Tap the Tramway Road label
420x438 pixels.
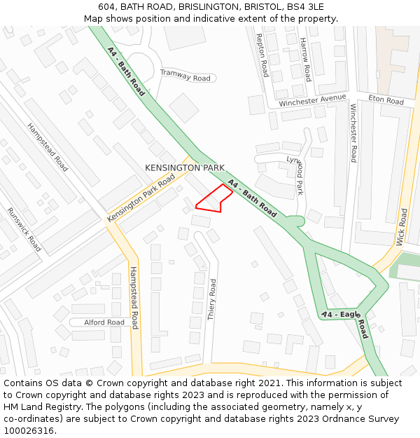pyautogui.click(x=185, y=75)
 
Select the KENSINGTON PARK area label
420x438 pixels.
pyautogui.click(x=185, y=168)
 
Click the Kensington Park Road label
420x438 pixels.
pyautogui.click(x=141, y=199)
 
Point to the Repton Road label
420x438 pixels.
pyautogui.click(x=262, y=55)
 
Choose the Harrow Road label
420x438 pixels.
pyautogui.click(x=305, y=60)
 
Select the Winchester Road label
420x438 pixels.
pyautogui.click(x=353, y=133)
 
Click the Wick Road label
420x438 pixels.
pyautogui.click(x=402, y=226)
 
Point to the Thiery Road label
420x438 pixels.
pyautogui.click(x=212, y=300)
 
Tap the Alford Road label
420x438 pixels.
pyautogui.click(x=104, y=322)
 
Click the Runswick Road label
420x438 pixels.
pyautogui.click(x=24, y=230)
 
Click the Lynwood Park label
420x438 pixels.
pyautogui.click(x=297, y=174)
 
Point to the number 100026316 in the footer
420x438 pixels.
pyautogui.click(x=29, y=430)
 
